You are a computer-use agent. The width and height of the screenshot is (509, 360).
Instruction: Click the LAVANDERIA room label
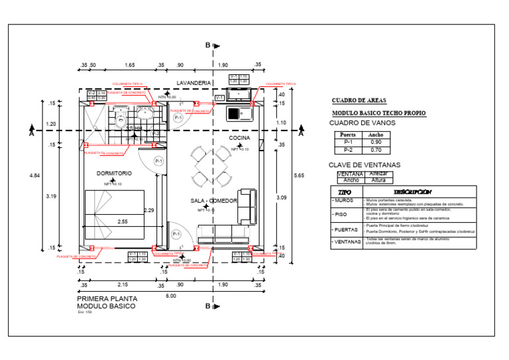pos(194,82)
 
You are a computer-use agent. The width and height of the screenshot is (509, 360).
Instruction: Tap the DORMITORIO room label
pos(114,173)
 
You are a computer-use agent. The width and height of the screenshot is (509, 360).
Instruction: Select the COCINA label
pos(239,138)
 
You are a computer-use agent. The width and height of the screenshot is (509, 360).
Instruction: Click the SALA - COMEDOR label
pos(213,200)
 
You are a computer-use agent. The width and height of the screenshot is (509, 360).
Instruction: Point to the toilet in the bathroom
pos(121,120)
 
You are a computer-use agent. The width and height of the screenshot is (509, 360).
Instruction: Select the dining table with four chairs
pos(206,166)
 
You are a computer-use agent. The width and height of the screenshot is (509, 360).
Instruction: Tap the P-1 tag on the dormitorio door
pos(159,161)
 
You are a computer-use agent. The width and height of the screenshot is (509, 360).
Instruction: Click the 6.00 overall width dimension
pos(171,296)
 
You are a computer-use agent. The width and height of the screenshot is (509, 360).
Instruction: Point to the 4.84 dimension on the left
pos(34,175)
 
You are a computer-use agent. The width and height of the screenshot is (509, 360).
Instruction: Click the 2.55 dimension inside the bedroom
pos(123,221)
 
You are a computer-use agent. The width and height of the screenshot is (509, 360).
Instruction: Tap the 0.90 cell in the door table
pos(375,143)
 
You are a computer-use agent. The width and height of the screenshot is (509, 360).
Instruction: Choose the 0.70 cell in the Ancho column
pos(375,150)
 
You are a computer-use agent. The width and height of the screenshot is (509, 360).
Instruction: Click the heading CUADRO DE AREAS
pos(359,101)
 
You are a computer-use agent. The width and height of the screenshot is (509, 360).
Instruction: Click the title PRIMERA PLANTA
pos(103,299)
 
